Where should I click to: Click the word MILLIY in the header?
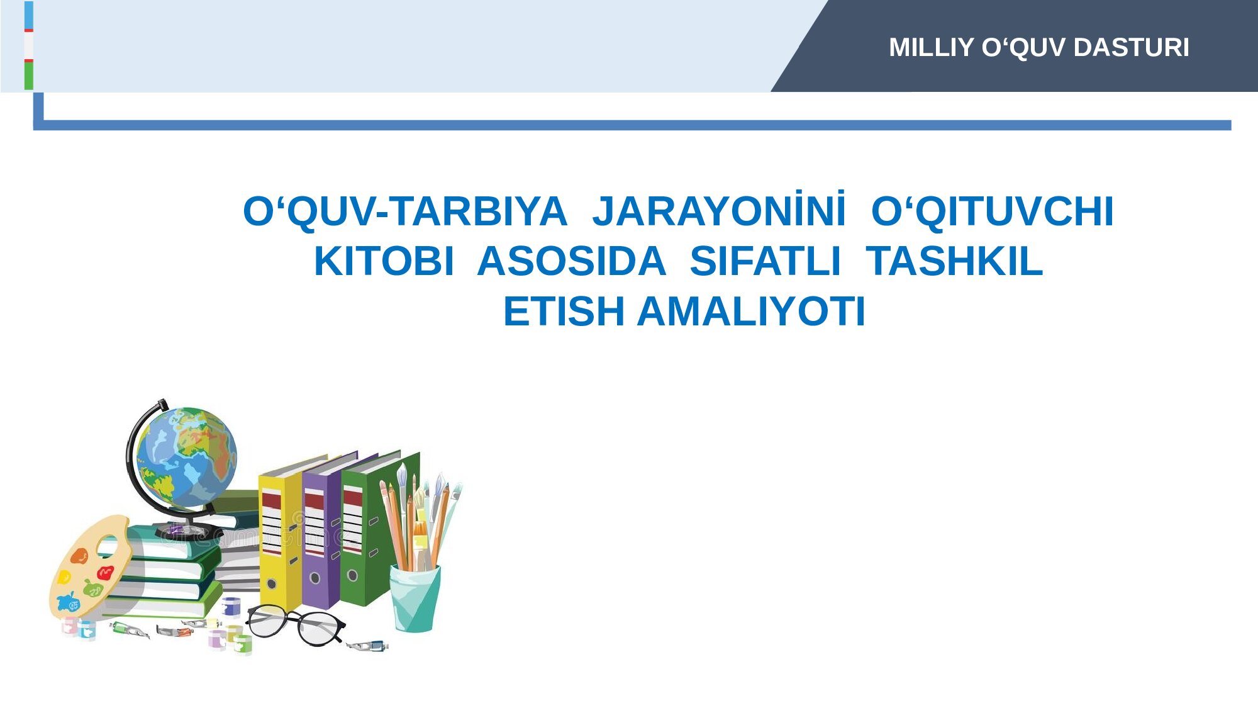(932, 48)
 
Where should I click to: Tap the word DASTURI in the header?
(1132, 48)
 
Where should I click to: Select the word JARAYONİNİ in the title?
(719, 211)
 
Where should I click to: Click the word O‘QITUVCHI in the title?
(993, 211)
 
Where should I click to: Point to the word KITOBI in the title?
(384, 261)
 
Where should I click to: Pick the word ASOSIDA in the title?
(571, 261)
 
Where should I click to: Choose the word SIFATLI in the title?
(765, 261)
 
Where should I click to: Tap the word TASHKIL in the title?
(954, 261)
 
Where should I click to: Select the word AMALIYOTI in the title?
(752, 312)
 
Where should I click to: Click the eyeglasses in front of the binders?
(296, 624)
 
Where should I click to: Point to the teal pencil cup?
(415, 598)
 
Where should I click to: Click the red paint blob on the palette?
(105, 573)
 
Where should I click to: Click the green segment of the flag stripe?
(29, 76)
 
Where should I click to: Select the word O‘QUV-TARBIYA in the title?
(405, 211)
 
